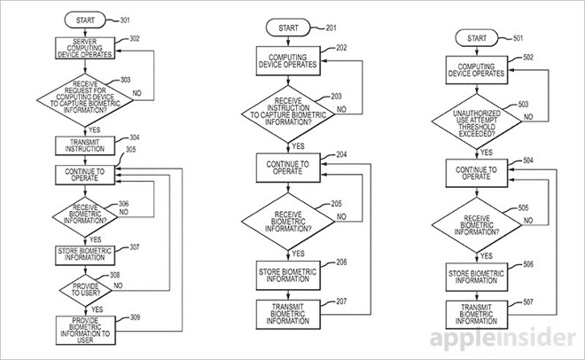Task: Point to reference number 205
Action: [335, 203]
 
